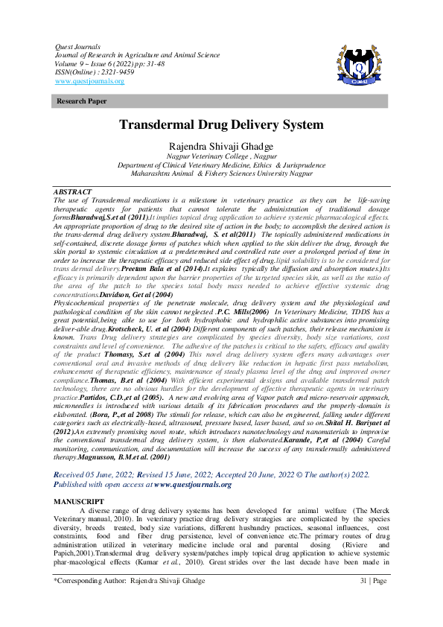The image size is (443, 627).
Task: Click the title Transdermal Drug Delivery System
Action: pyautogui.click(x=221, y=124)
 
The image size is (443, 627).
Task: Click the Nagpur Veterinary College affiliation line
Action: pyautogui.click(x=221, y=157)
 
